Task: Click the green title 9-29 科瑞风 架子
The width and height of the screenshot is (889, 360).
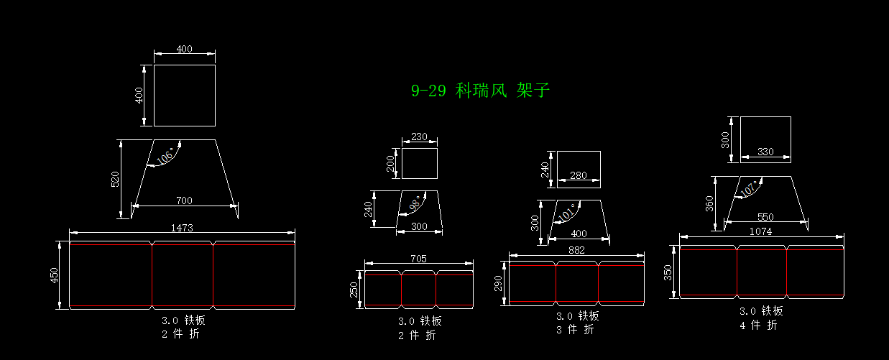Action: coord(480,91)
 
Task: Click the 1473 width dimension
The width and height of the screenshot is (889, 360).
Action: coord(182,227)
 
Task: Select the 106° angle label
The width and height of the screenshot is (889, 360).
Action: coord(165,156)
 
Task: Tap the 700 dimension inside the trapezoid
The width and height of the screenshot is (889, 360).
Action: coord(184,200)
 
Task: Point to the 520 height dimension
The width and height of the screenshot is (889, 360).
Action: coord(115,179)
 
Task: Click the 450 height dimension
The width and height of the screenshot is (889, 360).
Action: coord(55,275)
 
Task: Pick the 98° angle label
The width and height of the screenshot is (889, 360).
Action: coord(414,204)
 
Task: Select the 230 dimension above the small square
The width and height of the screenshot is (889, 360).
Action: coord(419,137)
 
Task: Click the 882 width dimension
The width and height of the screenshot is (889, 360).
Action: coord(576,250)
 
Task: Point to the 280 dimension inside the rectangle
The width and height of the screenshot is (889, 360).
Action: coord(578,175)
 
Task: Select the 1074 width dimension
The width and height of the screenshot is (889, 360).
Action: coord(760,231)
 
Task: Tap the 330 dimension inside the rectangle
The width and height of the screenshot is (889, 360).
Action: coord(765,152)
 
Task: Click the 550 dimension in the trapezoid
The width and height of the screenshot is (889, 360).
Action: coord(765,216)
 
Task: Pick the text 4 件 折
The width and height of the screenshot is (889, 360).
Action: coord(759,325)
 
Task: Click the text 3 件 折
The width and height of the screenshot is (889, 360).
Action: coord(576,329)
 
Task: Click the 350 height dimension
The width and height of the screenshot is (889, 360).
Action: coord(668,271)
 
